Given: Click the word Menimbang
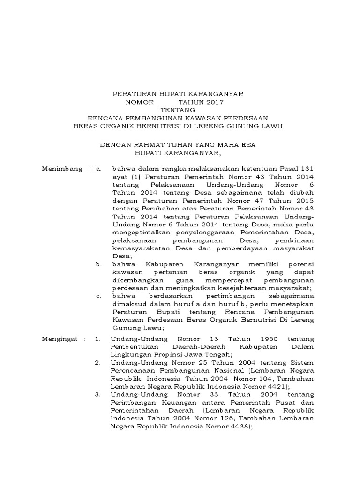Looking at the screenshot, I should point(60,168).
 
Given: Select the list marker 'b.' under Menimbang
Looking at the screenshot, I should point(99,264).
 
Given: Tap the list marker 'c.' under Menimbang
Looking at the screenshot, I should point(98,296).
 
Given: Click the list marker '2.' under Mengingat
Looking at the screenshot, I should point(97,362).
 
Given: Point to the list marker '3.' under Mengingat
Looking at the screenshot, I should point(97,395).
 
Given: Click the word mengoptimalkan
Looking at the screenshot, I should point(135,232).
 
